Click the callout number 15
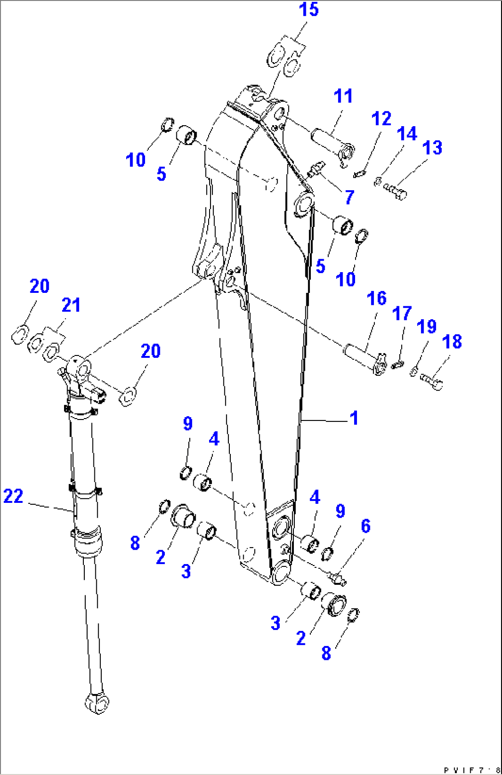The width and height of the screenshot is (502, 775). click(x=309, y=10)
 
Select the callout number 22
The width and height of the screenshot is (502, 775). click(x=13, y=496)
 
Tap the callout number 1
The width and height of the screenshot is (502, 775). click(x=354, y=418)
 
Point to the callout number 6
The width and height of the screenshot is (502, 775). click(x=366, y=526)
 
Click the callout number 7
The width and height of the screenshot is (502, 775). click(x=350, y=197)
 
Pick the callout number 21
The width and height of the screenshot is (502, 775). click(x=71, y=305)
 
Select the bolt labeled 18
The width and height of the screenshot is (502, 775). click(x=432, y=382)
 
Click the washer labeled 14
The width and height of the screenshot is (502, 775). click(x=377, y=182)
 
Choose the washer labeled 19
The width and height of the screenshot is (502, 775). click(x=414, y=371)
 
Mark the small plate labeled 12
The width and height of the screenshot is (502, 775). click(x=359, y=174)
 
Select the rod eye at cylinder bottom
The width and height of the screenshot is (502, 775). click(x=97, y=703)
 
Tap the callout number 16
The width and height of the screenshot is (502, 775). click(x=376, y=298)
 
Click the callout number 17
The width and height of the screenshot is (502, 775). click(x=402, y=314)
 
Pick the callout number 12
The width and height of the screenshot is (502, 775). click(x=381, y=119)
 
